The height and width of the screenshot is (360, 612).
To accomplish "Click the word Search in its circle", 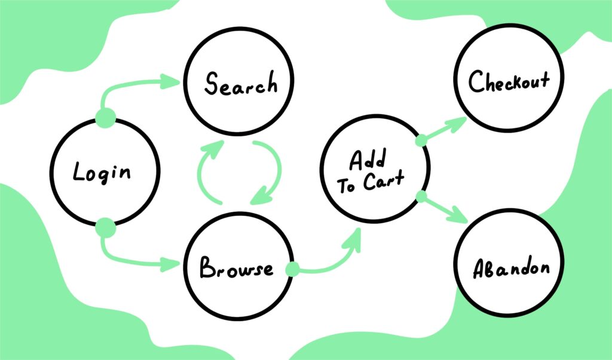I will (241, 84).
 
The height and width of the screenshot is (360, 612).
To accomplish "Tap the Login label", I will (102, 172).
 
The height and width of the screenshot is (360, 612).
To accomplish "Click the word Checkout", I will (509, 81).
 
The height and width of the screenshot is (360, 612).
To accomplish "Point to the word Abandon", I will (511, 269).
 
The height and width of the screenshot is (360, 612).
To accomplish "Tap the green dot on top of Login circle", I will (106, 118).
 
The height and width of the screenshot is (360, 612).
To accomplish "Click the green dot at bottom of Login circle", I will (106, 227).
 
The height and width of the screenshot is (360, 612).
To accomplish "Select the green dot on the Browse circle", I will (292, 270).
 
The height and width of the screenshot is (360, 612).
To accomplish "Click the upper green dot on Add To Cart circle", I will (421, 141).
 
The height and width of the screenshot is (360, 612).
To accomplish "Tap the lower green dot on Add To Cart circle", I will (421, 196).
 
